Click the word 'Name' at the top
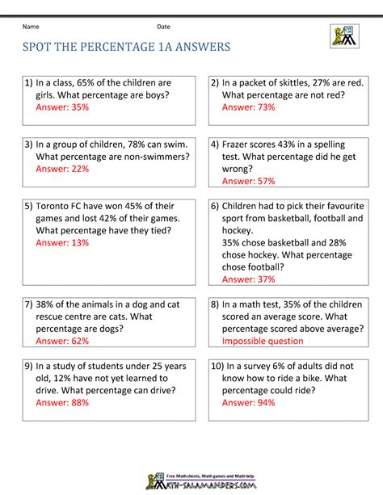(x=32, y=27)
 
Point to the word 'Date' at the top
(x=163, y=27)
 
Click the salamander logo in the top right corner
(x=343, y=36)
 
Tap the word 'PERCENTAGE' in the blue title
(x=130, y=48)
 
